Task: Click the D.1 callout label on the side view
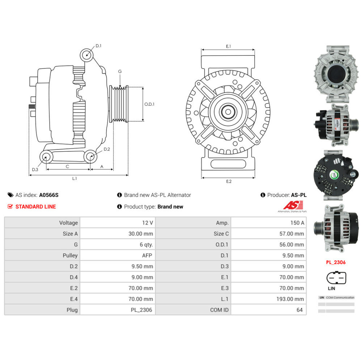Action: (98, 46)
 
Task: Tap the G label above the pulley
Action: (120, 72)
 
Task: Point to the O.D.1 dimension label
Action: (150, 104)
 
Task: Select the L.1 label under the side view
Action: (75, 178)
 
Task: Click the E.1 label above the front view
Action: (228, 46)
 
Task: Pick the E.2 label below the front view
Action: (228, 181)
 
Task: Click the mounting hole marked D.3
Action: (46, 157)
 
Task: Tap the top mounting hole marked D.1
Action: (87, 55)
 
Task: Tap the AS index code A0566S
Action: (49, 195)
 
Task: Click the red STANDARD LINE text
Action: (35, 207)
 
